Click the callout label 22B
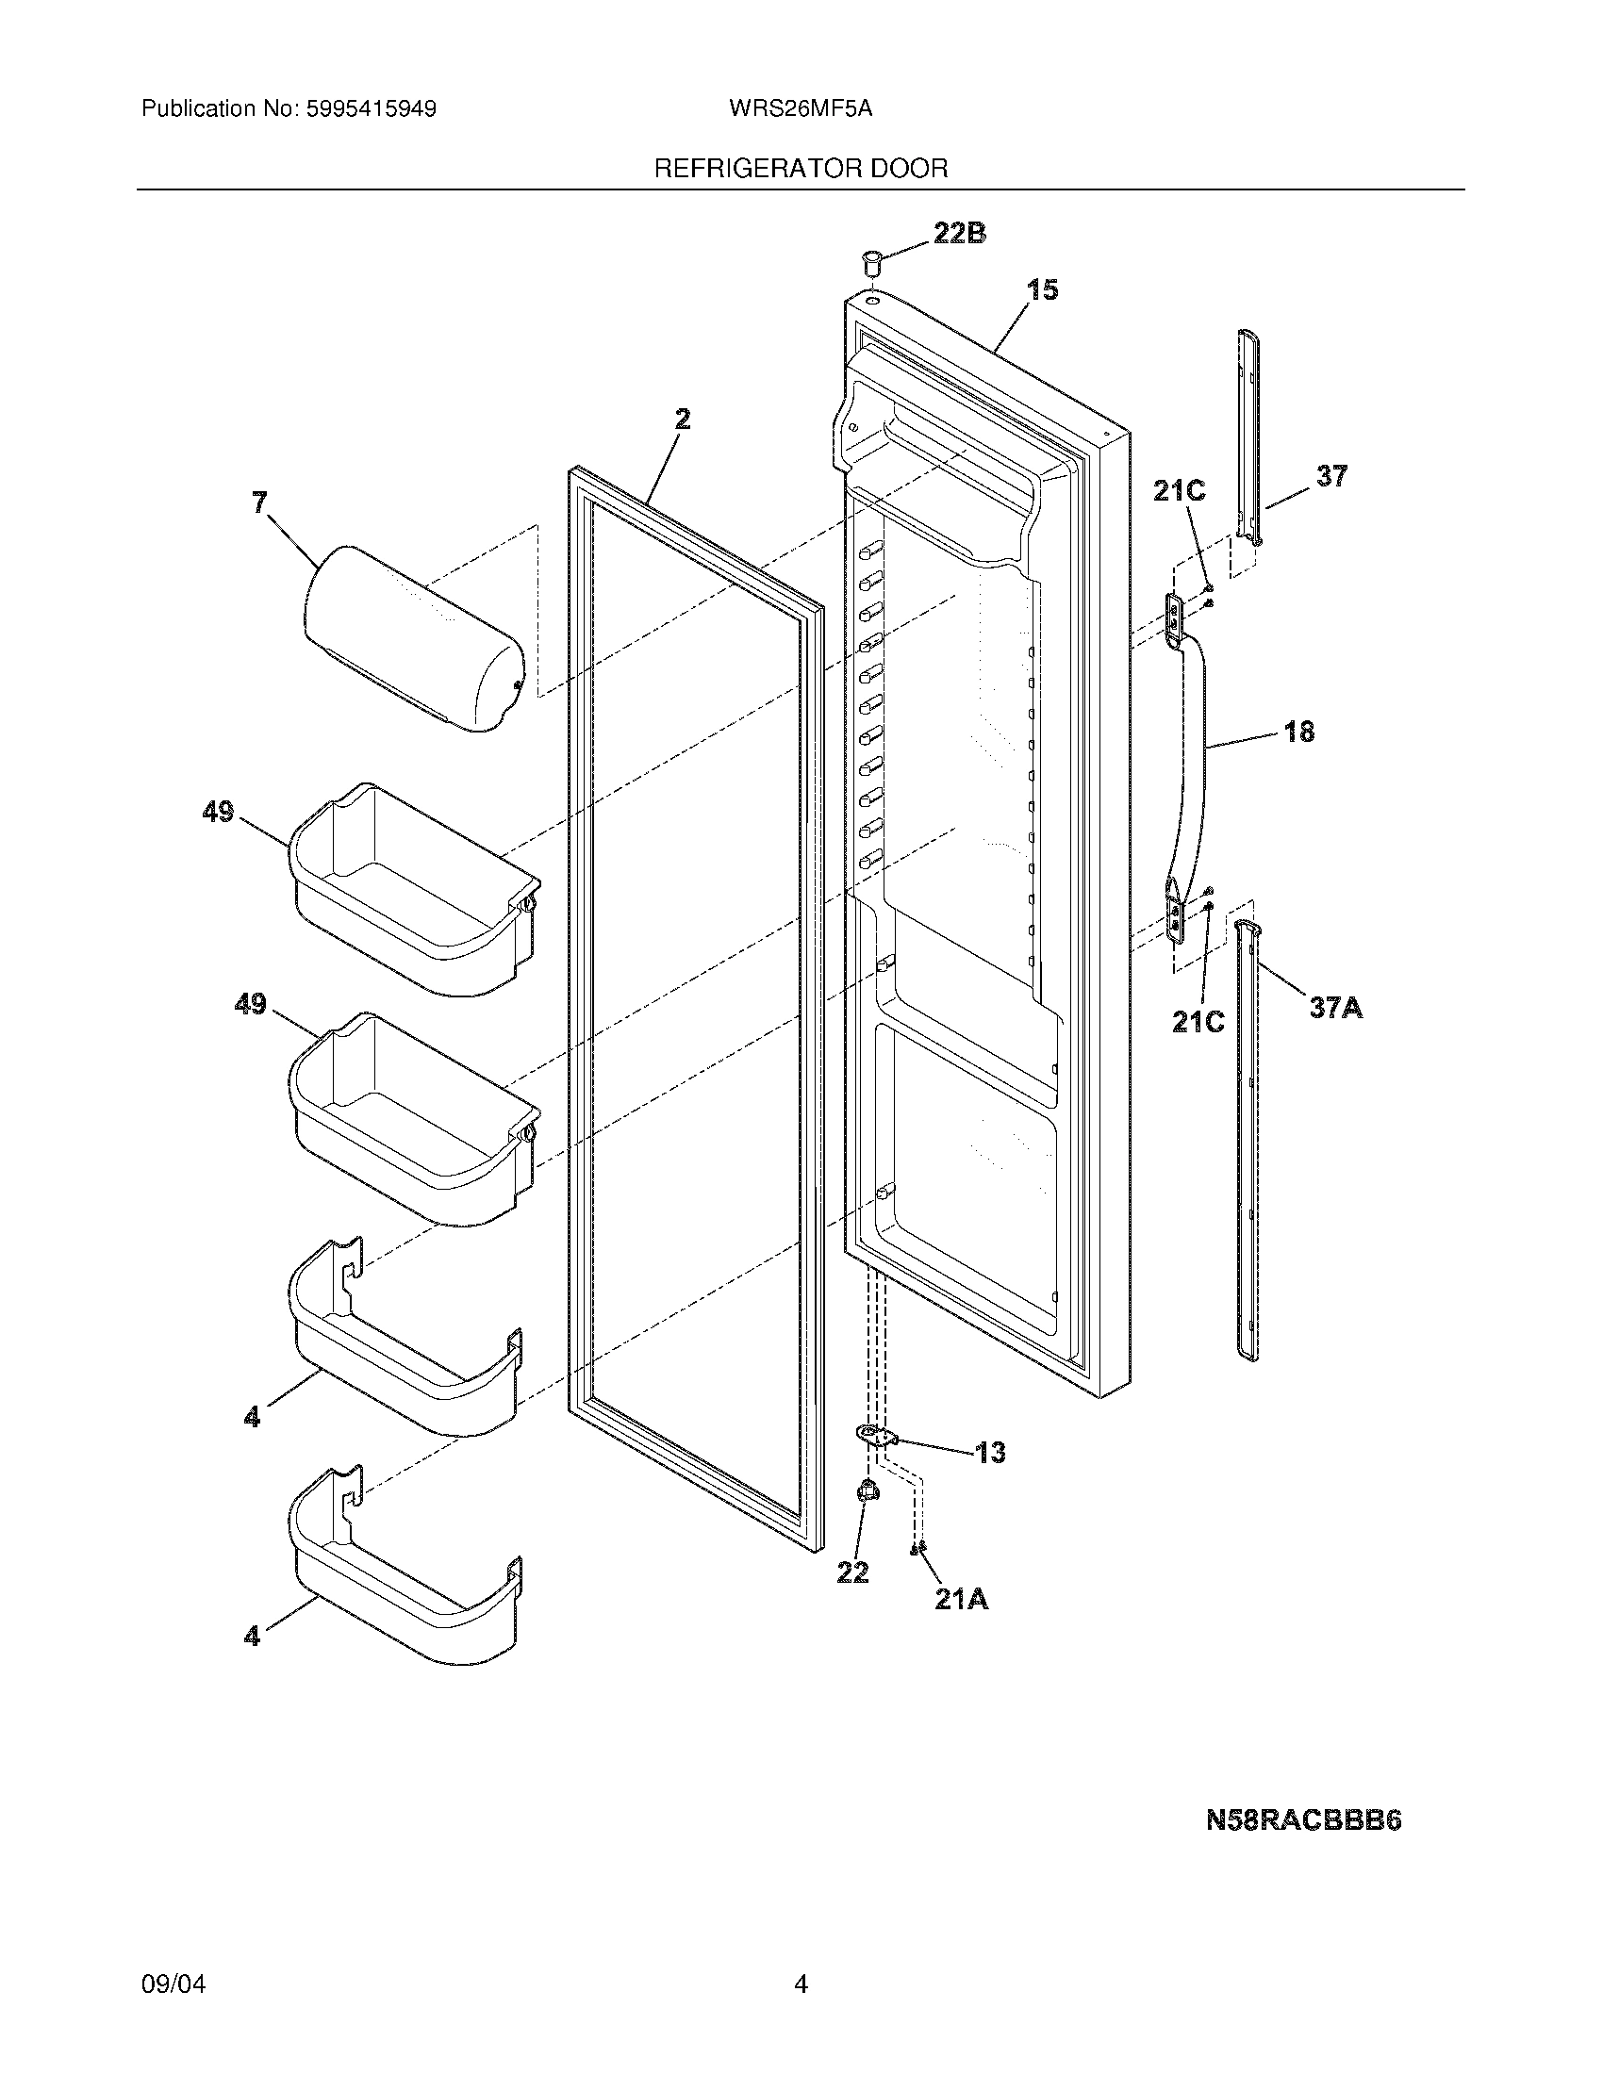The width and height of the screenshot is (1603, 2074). coord(959,233)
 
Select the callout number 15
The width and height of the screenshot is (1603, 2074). coord(1043,289)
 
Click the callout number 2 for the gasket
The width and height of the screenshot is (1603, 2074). coord(682,419)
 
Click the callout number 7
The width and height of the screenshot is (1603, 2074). coord(259,502)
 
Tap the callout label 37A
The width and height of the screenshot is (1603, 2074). coord(1335,1007)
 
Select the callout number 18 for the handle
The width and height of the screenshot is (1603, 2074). coord(1299,732)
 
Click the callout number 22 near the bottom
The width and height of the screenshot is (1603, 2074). coord(851,1573)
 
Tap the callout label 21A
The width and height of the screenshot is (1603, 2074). coord(961,1600)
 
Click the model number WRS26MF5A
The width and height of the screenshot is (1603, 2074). coord(800,108)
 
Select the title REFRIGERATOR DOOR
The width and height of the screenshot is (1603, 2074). coord(801,169)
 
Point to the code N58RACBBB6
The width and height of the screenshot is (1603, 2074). coord(1303,1820)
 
